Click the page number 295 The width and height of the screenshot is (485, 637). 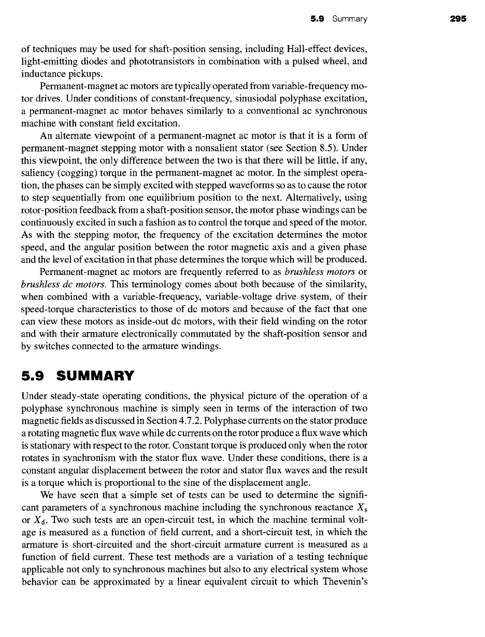pos(458,19)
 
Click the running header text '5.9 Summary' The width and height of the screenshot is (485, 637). pos(339,19)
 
